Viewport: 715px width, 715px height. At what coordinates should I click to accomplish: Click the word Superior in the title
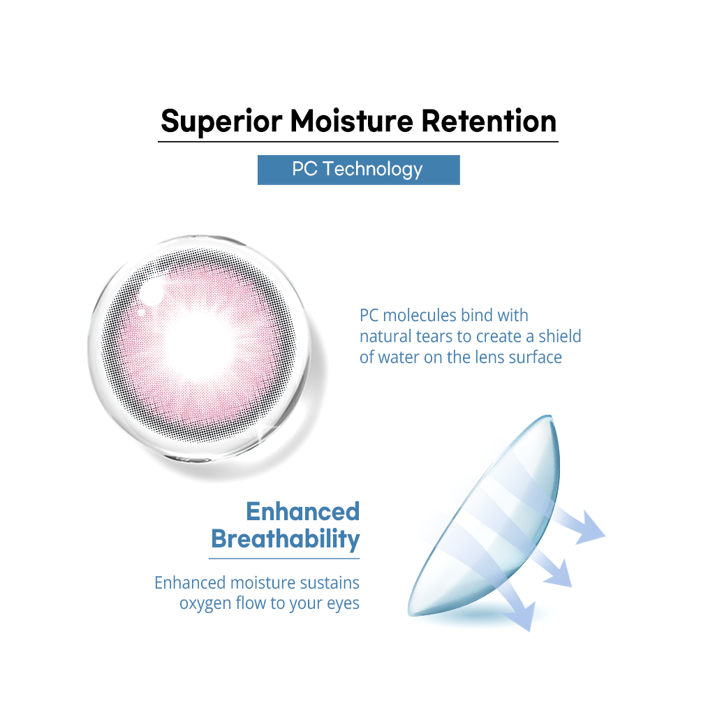pos(221,122)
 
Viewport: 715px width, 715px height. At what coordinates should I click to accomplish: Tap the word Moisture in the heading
pos(352,121)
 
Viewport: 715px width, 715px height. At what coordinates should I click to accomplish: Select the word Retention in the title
pos(488,121)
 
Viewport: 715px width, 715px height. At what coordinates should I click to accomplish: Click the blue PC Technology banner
pos(358,170)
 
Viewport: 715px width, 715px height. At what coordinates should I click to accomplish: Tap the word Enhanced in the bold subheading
pos(303,511)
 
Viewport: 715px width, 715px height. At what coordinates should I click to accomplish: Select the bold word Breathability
pos(286,540)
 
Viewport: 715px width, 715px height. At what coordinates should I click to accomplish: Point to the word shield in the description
pos(559,336)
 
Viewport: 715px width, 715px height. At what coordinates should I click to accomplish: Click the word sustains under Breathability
pos(330,583)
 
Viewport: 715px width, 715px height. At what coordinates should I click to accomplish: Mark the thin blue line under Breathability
pos(284,559)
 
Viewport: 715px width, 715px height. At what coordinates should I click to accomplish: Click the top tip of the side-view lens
pos(550,416)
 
